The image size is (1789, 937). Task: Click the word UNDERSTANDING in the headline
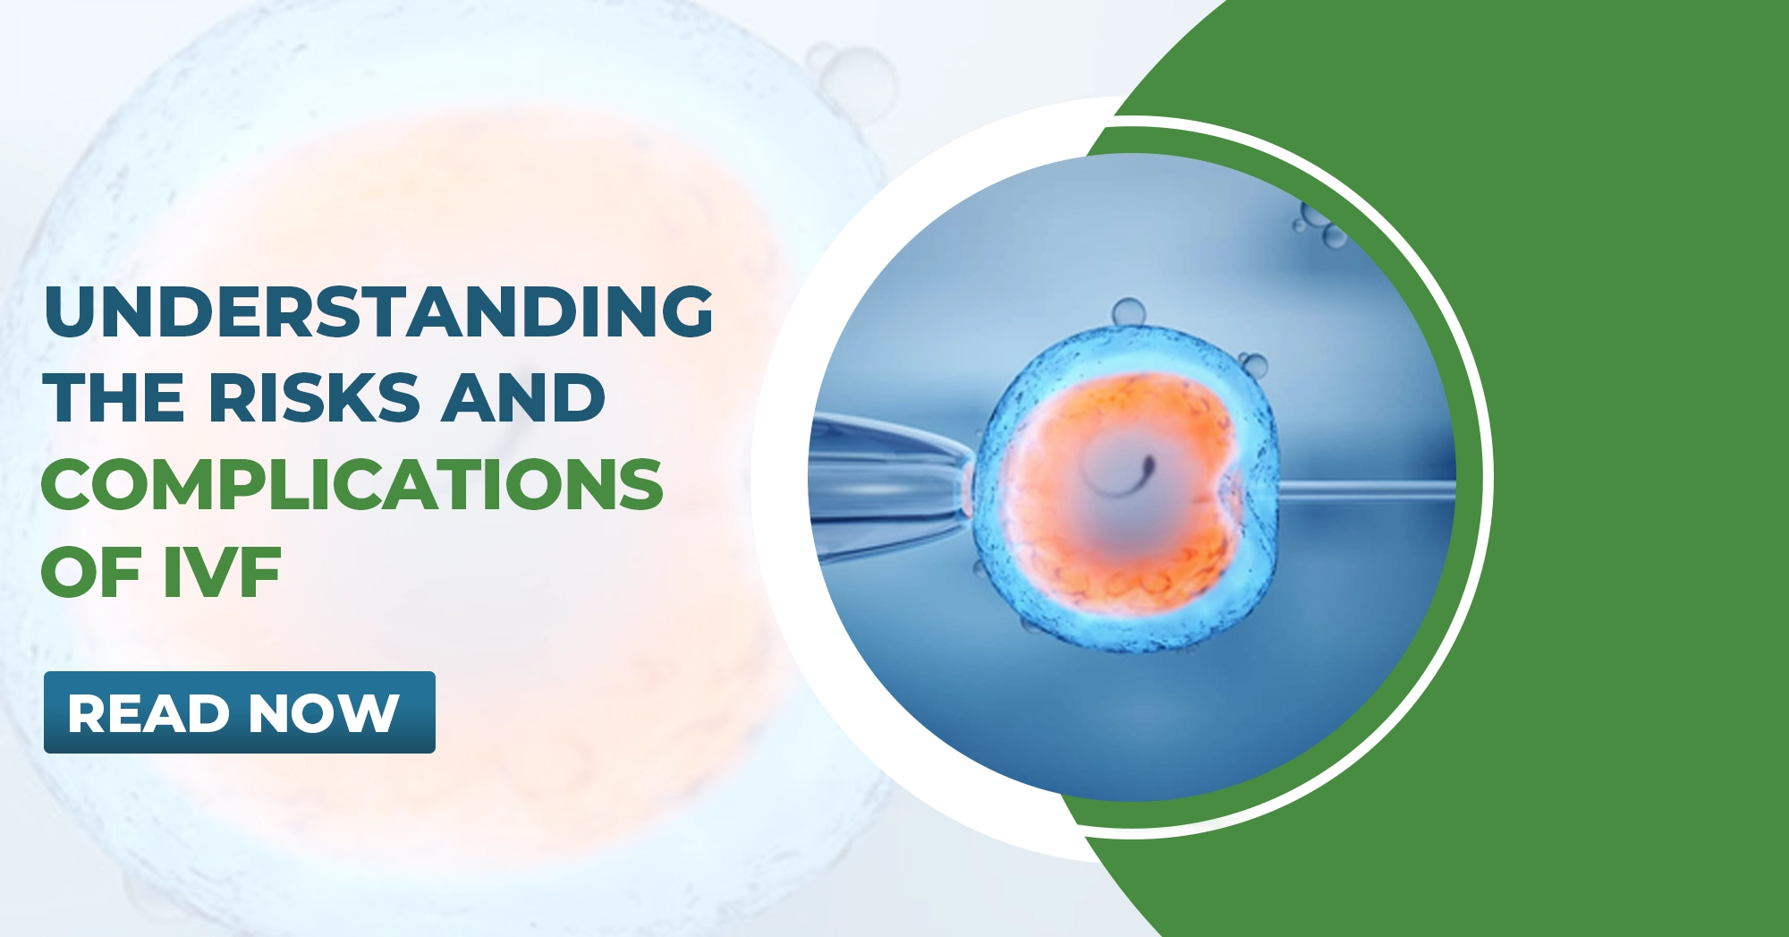[x=377, y=311]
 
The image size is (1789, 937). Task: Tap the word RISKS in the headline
[x=314, y=397]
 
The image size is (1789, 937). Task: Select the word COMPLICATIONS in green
[x=352, y=484]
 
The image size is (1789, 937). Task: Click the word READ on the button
[x=148, y=713]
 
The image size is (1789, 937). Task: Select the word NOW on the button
[x=324, y=713]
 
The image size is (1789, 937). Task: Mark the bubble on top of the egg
[x=1128, y=312]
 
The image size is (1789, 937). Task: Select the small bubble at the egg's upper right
[x=1254, y=364]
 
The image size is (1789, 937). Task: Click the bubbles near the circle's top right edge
[x=1320, y=224]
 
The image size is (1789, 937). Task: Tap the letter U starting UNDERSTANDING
[x=68, y=311]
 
